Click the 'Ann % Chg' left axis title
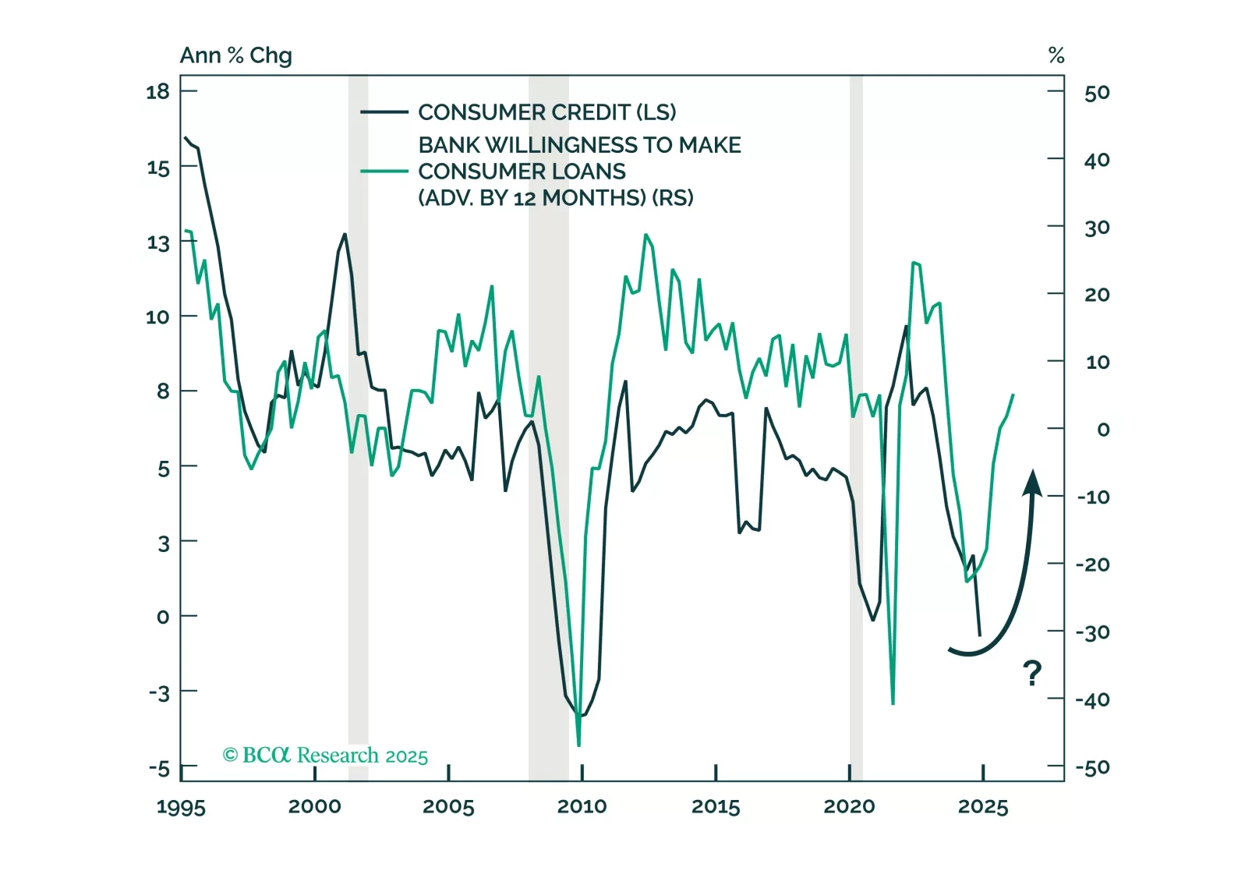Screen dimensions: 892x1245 tap(235, 55)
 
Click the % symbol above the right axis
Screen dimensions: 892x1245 tap(1056, 55)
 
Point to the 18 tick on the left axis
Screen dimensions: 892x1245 tap(157, 92)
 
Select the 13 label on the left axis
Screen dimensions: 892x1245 tap(157, 243)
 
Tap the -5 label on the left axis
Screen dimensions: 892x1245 tap(159, 770)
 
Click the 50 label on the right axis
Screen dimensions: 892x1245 tap(1096, 93)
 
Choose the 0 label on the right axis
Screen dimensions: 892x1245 tap(1102, 430)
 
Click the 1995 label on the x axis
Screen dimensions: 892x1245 tap(181, 807)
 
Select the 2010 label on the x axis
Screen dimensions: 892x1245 tap(582, 807)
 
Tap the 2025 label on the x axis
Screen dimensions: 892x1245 tap(982, 807)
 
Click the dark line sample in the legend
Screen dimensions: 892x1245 tap(384, 112)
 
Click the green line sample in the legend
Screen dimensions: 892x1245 tap(384, 172)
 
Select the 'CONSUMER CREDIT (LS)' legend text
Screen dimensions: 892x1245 tap(546, 112)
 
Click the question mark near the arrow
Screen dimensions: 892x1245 tap(1031, 672)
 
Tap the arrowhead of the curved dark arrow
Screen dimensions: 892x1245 tap(1032, 482)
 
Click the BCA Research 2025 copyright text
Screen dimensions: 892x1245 tap(325, 756)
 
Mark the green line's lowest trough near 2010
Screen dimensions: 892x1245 tap(578, 745)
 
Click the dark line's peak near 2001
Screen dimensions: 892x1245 tap(345, 234)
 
